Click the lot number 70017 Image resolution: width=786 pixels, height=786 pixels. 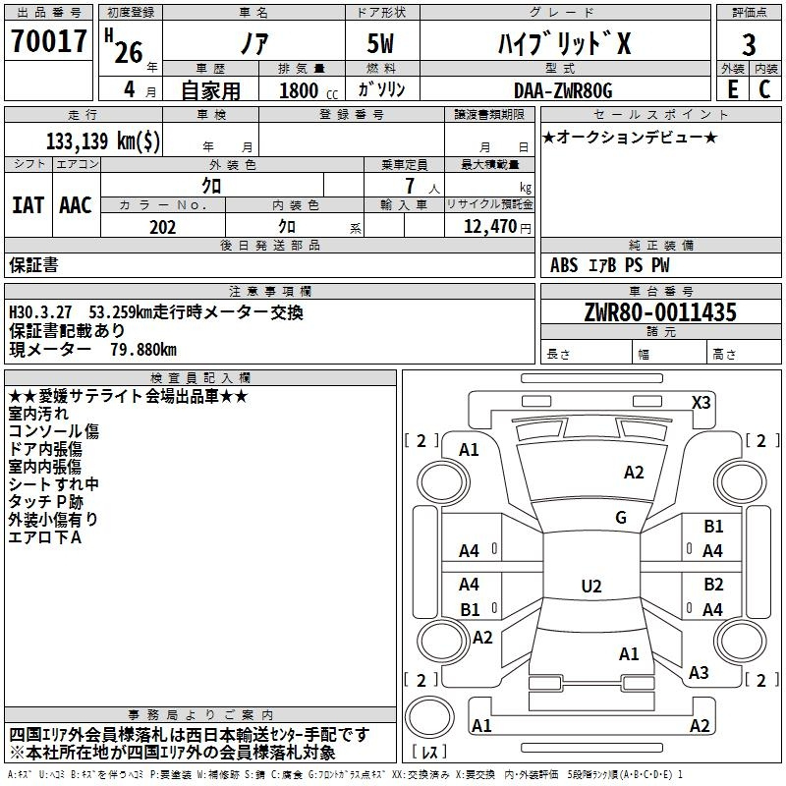[x=48, y=41]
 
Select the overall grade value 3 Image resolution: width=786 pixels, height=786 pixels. [x=749, y=44]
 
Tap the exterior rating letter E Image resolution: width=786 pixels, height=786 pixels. [x=732, y=89]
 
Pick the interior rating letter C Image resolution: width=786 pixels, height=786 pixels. [x=764, y=89]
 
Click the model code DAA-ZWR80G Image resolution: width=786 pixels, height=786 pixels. [x=563, y=90]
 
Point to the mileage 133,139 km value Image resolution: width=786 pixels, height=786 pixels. [x=103, y=140]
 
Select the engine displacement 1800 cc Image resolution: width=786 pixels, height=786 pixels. [x=309, y=90]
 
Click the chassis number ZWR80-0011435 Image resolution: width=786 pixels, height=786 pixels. [x=660, y=312]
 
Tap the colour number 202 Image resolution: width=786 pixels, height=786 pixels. [x=162, y=227]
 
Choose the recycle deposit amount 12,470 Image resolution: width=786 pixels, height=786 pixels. [x=489, y=227]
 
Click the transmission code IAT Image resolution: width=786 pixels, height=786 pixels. [x=28, y=205]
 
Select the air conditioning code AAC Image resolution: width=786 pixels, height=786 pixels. [x=76, y=205]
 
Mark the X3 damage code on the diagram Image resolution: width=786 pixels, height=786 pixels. [x=701, y=403]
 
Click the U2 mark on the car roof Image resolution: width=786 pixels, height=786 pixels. [x=591, y=586]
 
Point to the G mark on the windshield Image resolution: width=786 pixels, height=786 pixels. [x=621, y=518]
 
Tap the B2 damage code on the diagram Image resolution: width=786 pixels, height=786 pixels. [x=713, y=585]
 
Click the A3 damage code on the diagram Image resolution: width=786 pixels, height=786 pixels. [x=699, y=673]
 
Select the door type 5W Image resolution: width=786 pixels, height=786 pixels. [x=380, y=43]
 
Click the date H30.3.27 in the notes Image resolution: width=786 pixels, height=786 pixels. [x=40, y=312]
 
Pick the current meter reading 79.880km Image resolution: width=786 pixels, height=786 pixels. [x=143, y=350]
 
